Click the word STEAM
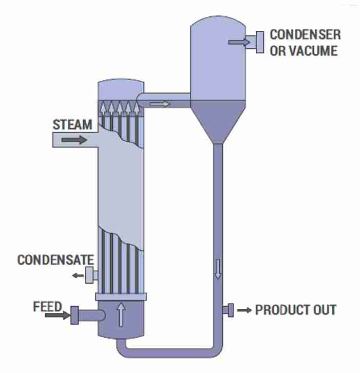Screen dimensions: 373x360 point(72,125)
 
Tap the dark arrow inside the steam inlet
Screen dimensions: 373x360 point(74,140)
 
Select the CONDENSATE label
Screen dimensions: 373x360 point(55,260)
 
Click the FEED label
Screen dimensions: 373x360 point(47,307)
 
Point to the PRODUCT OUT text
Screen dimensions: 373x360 point(296,310)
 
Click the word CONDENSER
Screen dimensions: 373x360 point(305,35)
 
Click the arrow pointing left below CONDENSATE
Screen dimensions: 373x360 point(77,275)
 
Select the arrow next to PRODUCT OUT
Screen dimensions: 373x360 point(244,310)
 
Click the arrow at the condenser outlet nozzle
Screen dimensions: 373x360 point(237,42)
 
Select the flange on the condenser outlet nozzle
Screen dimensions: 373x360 point(259,42)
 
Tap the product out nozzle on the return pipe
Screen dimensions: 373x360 point(228,310)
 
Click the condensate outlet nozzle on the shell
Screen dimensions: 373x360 point(91,275)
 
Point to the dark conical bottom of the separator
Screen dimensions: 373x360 point(218,121)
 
